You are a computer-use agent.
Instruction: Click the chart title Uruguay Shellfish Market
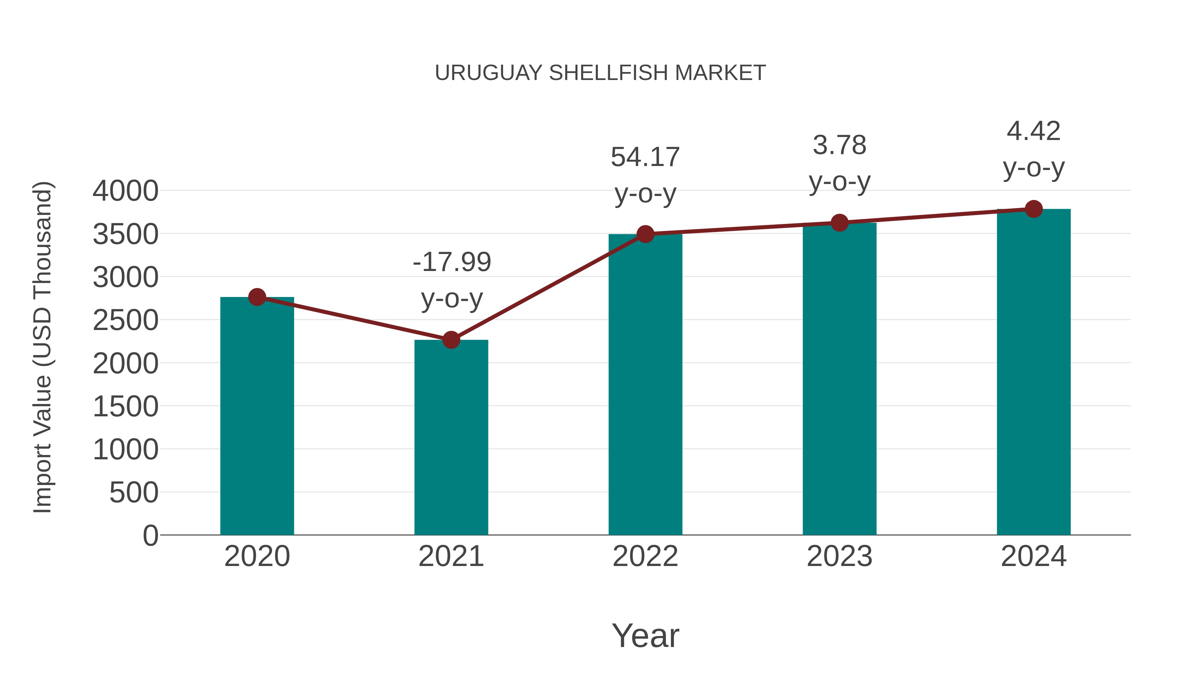click(x=600, y=73)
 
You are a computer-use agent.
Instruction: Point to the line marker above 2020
click(x=257, y=297)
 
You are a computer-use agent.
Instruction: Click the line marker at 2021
click(x=451, y=340)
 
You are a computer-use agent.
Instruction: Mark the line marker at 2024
click(x=1034, y=209)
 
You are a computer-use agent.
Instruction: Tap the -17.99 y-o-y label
click(x=452, y=280)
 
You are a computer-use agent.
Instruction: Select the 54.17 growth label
click(x=645, y=175)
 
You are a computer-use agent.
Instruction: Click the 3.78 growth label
click(x=839, y=163)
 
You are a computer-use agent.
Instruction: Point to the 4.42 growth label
click(x=1034, y=149)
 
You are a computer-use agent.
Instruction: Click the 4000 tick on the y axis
click(x=125, y=191)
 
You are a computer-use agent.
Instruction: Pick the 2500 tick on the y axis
click(x=125, y=320)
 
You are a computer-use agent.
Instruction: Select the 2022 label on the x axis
click(x=645, y=556)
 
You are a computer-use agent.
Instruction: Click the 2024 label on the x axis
click(x=1034, y=556)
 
